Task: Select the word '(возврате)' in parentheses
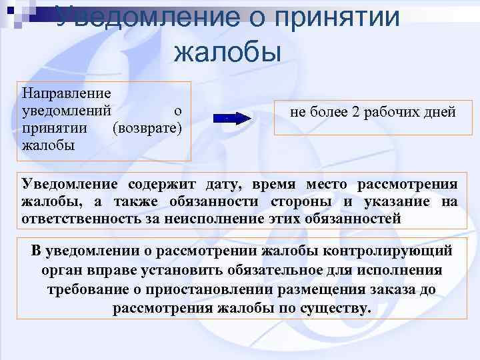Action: [147, 127]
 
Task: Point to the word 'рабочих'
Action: [395, 113]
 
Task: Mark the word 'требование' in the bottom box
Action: [84, 290]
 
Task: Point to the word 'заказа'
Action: [379, 290]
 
